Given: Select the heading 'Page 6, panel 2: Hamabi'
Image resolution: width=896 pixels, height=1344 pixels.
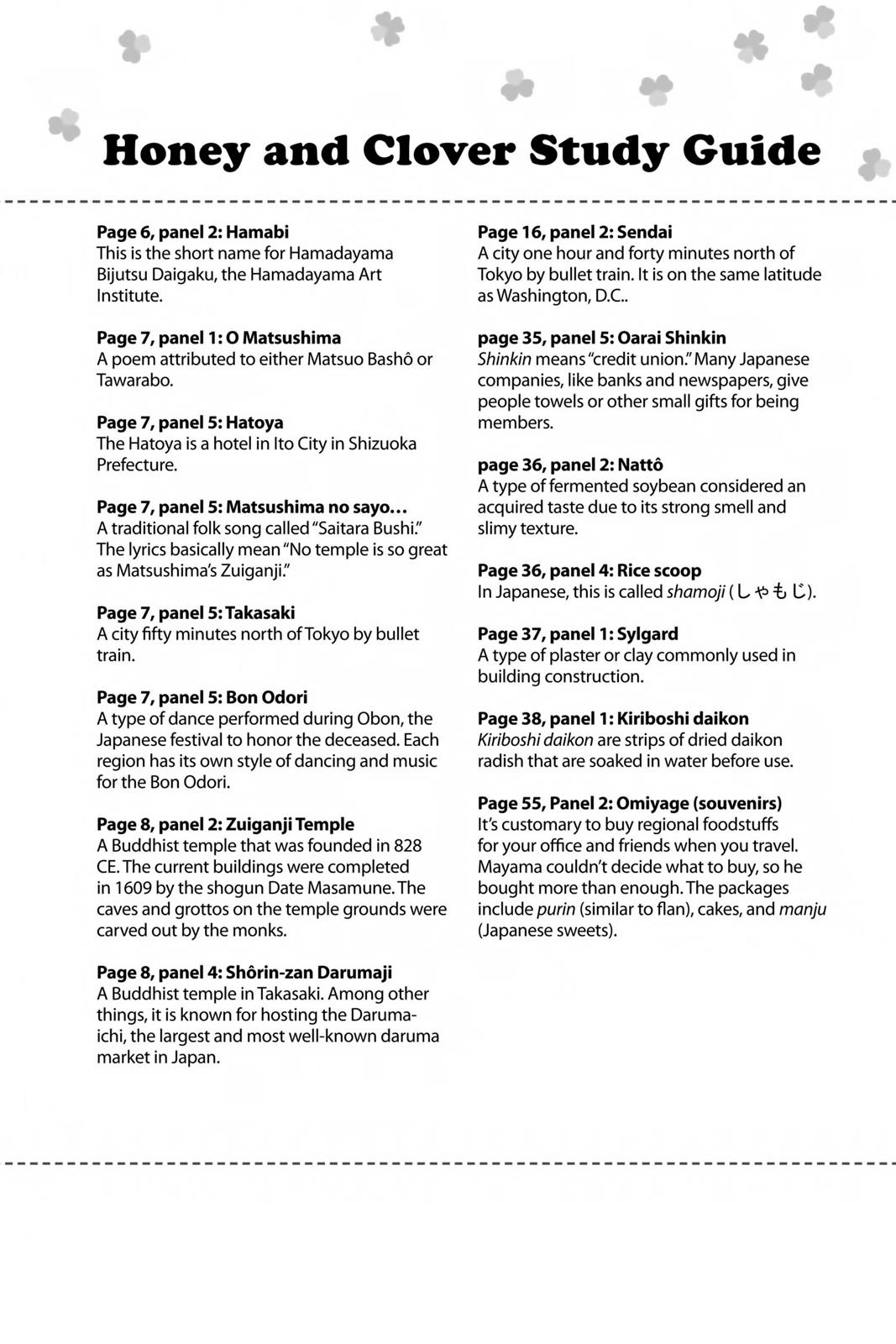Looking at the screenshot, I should pos(192,232).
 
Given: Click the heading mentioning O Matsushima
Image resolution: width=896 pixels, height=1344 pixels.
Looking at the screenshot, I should pos(218,338).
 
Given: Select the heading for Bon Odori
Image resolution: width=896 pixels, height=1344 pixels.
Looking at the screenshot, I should pos(202,697).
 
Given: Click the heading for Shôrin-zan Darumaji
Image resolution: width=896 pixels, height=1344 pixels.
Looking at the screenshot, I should pos(244,973).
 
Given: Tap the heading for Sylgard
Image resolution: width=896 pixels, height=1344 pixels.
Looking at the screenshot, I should pos(577,634).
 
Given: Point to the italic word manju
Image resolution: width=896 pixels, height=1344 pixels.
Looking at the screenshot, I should pos(803,909).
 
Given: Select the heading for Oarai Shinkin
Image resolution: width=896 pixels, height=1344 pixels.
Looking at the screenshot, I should pos(601,338).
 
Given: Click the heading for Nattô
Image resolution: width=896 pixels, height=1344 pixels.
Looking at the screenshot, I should pos(570,465).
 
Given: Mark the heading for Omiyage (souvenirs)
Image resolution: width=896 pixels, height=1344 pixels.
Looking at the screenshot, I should pos(629,803).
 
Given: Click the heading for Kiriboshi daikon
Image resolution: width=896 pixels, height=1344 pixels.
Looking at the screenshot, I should pos(612,719).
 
